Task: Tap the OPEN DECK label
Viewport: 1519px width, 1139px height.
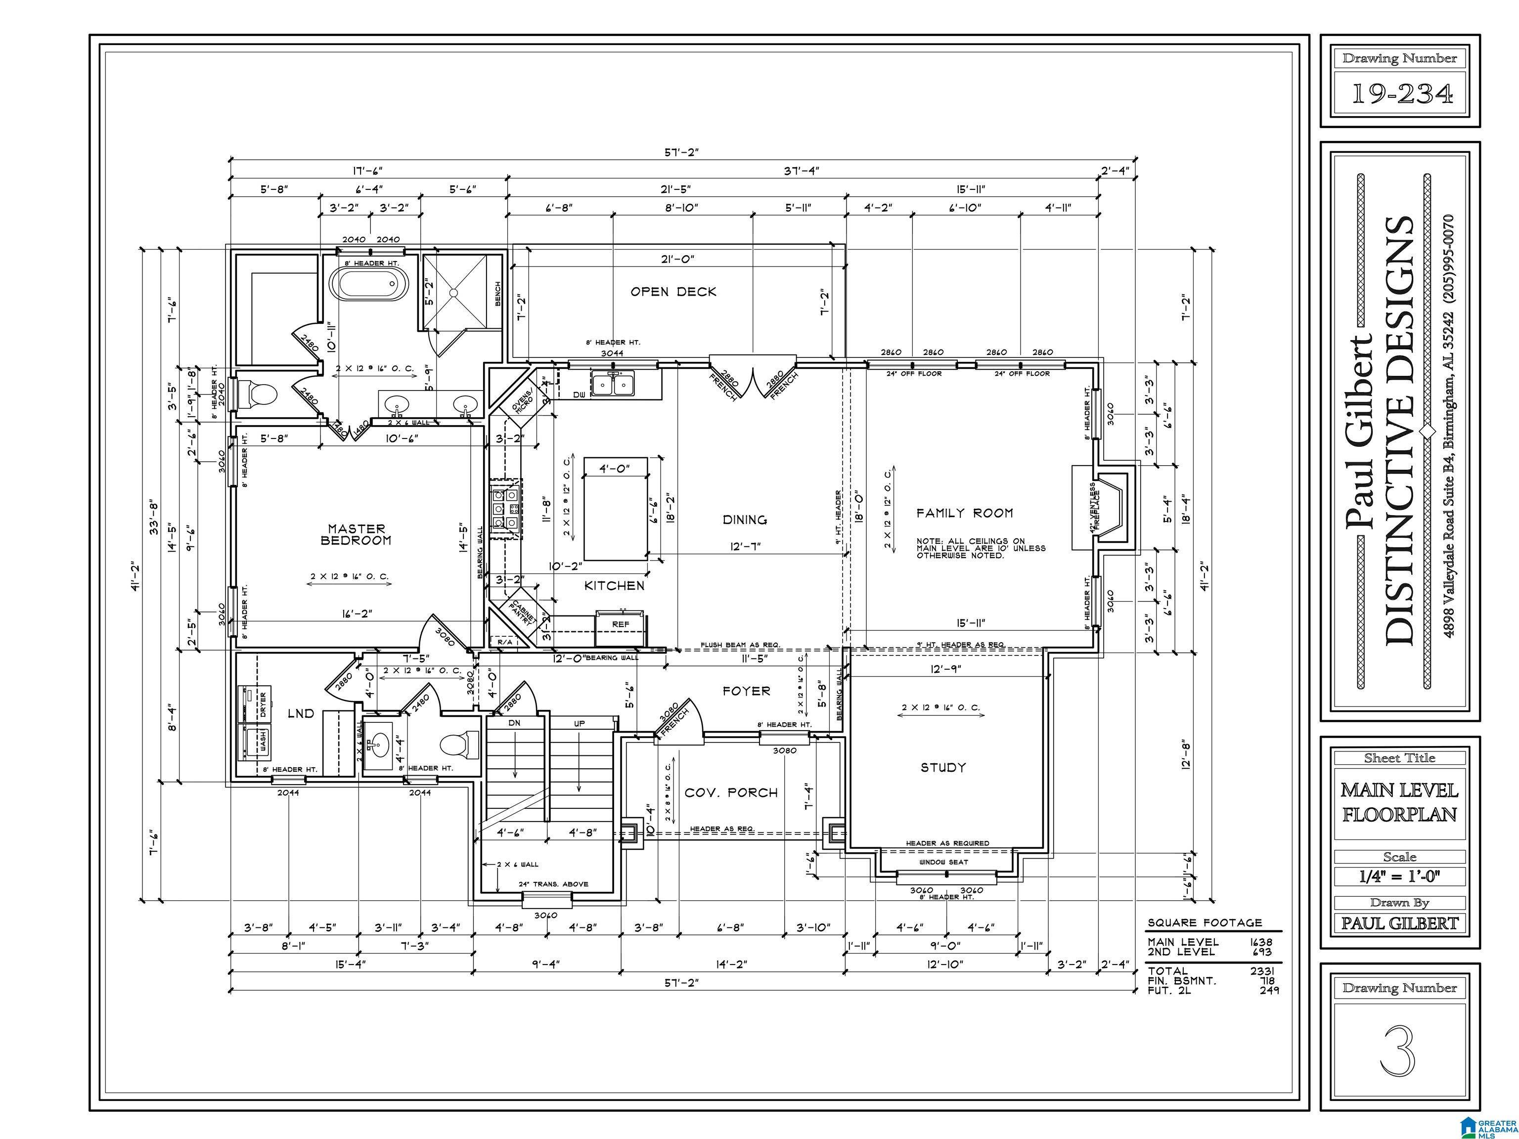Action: point(673,292)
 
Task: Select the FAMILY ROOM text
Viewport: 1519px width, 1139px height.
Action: point(964,513)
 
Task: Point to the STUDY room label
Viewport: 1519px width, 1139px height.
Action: point(943,768)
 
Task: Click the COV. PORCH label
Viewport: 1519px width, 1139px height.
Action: point(731,793)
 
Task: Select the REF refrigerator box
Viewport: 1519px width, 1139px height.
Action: point(620,625)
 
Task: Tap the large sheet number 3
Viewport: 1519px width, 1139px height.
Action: point(1398,1051)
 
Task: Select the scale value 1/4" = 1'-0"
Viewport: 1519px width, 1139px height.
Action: point(1399,876)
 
